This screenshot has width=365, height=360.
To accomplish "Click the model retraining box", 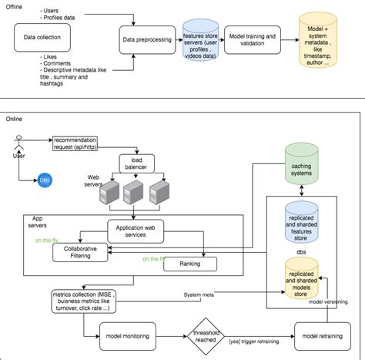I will click(x=320, y=336).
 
